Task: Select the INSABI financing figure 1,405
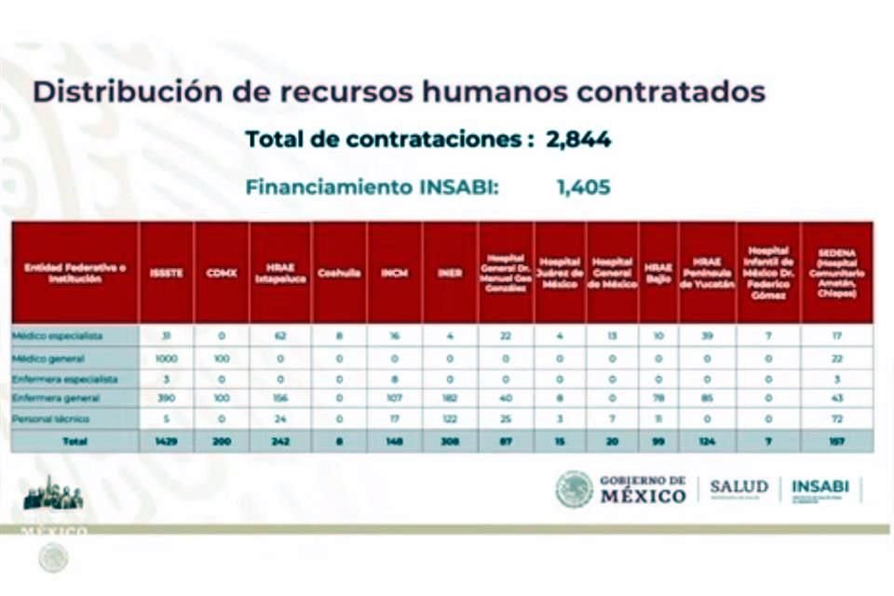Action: (x=583, y=187)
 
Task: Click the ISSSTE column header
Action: (x=167, y=273)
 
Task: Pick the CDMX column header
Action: (x=221, y=273)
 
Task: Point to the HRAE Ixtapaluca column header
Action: (x=280, y=273)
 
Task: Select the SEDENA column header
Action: (x=836, y=273)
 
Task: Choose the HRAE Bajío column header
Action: (x=658, y=273)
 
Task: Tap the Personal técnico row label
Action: (x=50, y=419)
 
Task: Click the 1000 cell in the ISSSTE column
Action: (x=167, y=359)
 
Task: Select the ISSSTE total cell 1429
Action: (x=167, y=441)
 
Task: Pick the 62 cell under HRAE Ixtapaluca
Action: (x=280, y=336)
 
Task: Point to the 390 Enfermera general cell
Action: (x=167, y=399)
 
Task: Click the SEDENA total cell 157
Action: (x=836, y=441)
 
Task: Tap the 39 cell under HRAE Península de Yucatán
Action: (x=707, y=336)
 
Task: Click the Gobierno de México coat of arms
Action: (x=574, y=489)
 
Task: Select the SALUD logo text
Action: (x=738, y=487)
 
